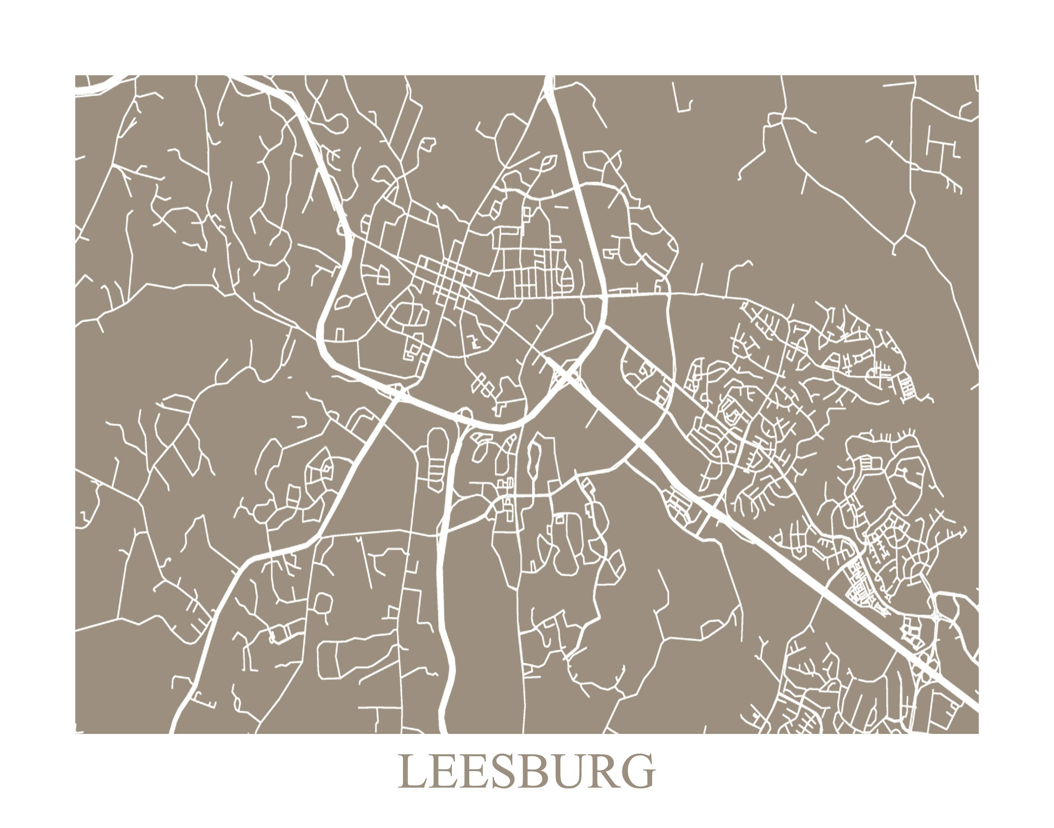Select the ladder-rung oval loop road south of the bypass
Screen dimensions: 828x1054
pyautogui.click(x=436, y=461)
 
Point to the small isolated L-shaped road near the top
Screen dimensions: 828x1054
pyautogui.click(x=681, y=104)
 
